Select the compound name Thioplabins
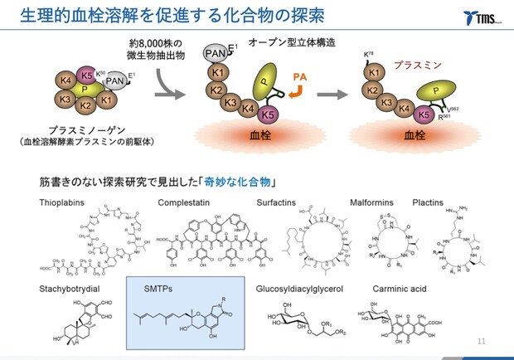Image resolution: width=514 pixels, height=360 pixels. click(64, 202)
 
